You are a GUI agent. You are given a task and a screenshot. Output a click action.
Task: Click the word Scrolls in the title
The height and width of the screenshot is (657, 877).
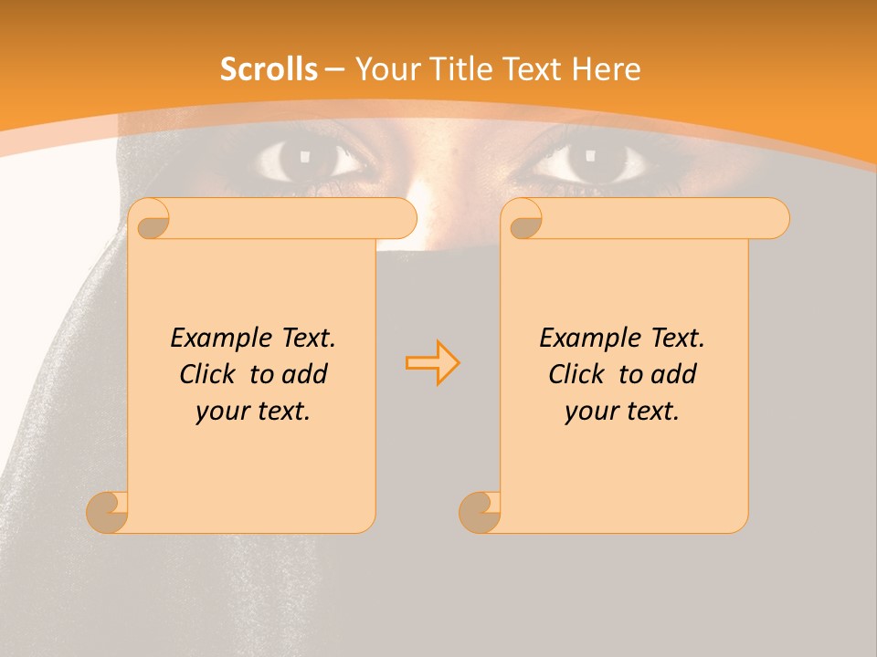[269, 69]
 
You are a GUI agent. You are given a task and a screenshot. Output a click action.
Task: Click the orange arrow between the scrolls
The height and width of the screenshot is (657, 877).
[432, 362]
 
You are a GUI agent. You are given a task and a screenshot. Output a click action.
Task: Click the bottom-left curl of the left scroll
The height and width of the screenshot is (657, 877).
[108, 512]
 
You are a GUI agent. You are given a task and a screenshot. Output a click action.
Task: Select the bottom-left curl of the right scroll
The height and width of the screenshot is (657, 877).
[480, 512]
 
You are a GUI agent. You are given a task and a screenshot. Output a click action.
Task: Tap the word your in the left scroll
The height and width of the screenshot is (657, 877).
[223, 412]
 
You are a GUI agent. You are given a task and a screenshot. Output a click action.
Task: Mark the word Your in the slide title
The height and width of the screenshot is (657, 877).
[384, 69]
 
